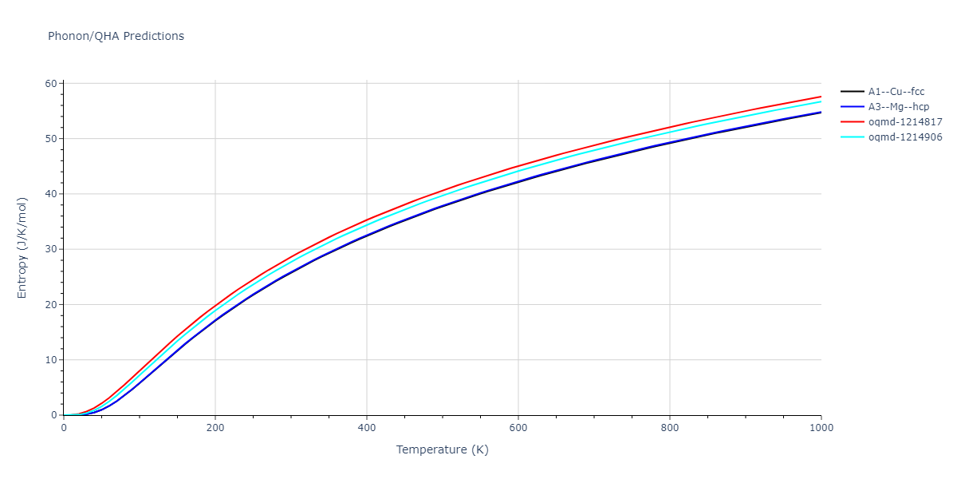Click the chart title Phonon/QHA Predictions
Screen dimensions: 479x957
pyautogui.click(x=116, y=36)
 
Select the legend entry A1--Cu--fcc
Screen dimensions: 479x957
pyautogui.click(x=896, y=92)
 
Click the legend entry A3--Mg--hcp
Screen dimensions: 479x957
pyautogui.click(x=897, y=107)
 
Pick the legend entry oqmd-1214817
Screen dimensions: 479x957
pyautogui.click(x=905, y=122)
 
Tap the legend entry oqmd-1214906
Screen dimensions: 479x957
pyautogui.click(x=905, y=137)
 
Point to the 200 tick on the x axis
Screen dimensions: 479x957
pyautogui.click(x=215, y=427)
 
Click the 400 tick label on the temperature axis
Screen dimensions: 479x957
pyautogui.click(x=367, y=427)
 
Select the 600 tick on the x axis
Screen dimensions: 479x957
pyautogui.click(x=518, y=427)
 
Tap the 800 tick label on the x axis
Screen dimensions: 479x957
pyautogui.click(x=670, y=427)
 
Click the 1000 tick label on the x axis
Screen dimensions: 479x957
pyautogui.click(x=821, y=427)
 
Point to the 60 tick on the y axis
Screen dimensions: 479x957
pyautogui.click(x=51, y=84)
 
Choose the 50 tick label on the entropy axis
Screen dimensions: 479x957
pyautogui.click(x=51, y=139)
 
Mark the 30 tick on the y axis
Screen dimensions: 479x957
pyautogui.click(x=51, y=249)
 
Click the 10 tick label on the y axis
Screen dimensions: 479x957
pyautogui.click(x=51, y=360)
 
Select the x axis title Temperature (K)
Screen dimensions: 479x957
pyautogui.click(x=443, y=449)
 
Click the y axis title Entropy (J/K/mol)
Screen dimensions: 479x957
pyautogui.click(x=22, y=250)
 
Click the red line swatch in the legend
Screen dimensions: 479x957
pyautogui.click(x=853, y=122)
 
